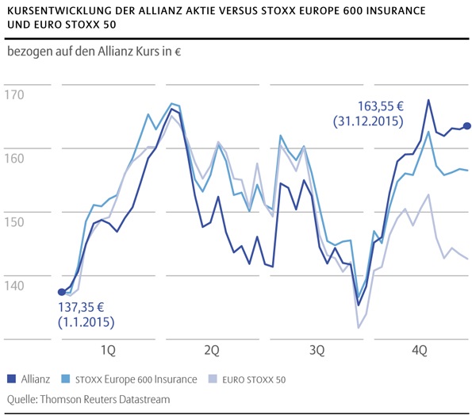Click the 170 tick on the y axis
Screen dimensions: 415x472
(14, 95)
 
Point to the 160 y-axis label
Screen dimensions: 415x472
(14, 158)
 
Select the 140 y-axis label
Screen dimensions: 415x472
(14, 283)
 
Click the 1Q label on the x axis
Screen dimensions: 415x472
(107, 350)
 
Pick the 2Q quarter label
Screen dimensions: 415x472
(211, 350)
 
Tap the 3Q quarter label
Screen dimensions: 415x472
(315, 350)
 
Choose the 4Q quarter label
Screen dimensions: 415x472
(419, 350)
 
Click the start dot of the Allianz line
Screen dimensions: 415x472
(62, 292)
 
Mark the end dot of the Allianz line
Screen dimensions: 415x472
(467, 125)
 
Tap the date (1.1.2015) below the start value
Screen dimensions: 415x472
(86, 323)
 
